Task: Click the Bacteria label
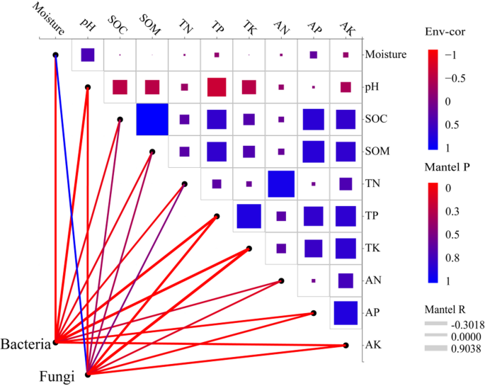[26, 344]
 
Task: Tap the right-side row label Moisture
[387, 55]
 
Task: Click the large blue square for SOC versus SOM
[152, 119]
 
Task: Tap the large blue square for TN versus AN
[281, 183]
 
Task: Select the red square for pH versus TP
[217, 87]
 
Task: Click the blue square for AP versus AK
[346, 312]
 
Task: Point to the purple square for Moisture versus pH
[88, 55]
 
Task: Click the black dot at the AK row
[346, 346]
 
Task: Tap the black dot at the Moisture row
[55, 55]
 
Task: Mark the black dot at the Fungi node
[87, 375]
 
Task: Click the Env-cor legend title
[443, 33]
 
